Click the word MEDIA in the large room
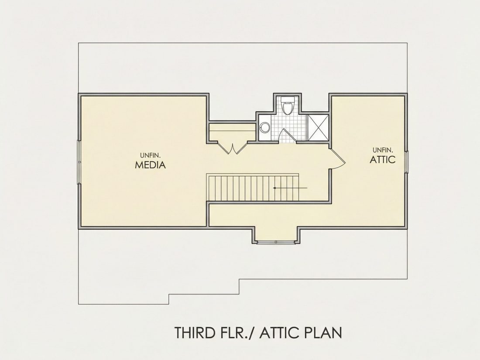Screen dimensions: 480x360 coord(150,165)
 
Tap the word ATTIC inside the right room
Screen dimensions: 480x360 coord(383,159)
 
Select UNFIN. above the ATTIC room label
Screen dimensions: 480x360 coord(383,150)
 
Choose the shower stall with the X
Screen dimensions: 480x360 coord(318,127)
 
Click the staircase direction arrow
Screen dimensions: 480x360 coord(290,188)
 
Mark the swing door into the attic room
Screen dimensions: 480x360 coord(338,158)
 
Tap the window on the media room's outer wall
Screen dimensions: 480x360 coord(79,162)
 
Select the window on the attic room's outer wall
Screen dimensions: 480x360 coord(407,162)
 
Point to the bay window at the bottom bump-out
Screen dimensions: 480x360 coord(276,242)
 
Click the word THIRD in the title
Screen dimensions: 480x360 coord(194,333)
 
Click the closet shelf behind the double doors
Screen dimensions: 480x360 coord(232,131)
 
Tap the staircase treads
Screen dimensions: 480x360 coord(253,188)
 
